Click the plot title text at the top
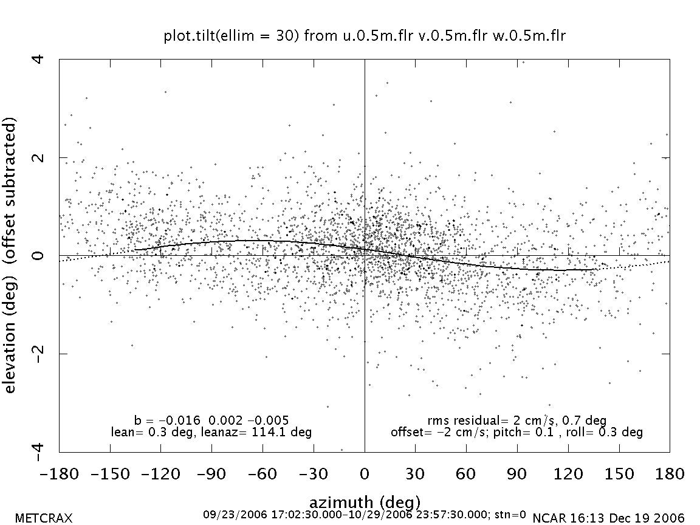point(365,36)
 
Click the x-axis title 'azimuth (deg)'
point(365,503)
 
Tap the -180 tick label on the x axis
point(60,473)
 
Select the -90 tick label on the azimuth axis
point(212,473)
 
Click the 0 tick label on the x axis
point(365,473)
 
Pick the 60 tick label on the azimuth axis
point(466,473)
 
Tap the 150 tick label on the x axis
point(619,473)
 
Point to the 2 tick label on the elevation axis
point(39,157)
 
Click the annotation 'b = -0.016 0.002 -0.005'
point(211,420)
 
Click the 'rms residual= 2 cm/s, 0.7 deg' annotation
point(517,420)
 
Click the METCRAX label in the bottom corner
point(44,518)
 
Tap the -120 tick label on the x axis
point(161,473)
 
